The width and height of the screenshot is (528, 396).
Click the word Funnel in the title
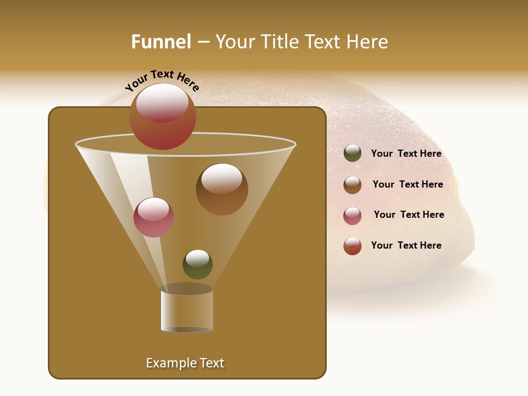[161, 42]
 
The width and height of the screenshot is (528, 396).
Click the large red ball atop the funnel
[163, 117]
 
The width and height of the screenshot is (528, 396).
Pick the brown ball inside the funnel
[222, 189]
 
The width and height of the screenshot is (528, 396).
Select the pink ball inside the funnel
[153, 217]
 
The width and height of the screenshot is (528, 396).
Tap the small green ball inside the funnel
[197, 265]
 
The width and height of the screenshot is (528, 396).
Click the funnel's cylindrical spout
[186, 311]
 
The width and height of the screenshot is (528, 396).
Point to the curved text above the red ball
[162, 80]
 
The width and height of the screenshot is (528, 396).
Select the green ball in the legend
[353, 153]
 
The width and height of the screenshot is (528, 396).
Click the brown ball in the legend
[353, 185]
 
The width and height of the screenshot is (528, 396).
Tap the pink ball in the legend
[353, 216]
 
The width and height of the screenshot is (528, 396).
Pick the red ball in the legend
[353, 246]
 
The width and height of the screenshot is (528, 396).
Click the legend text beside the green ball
[406, 153]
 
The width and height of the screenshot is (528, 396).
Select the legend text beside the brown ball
[408, 184]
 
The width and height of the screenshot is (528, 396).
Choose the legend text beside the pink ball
[409, 215]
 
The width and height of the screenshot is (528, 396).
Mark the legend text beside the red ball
[406, 245]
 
